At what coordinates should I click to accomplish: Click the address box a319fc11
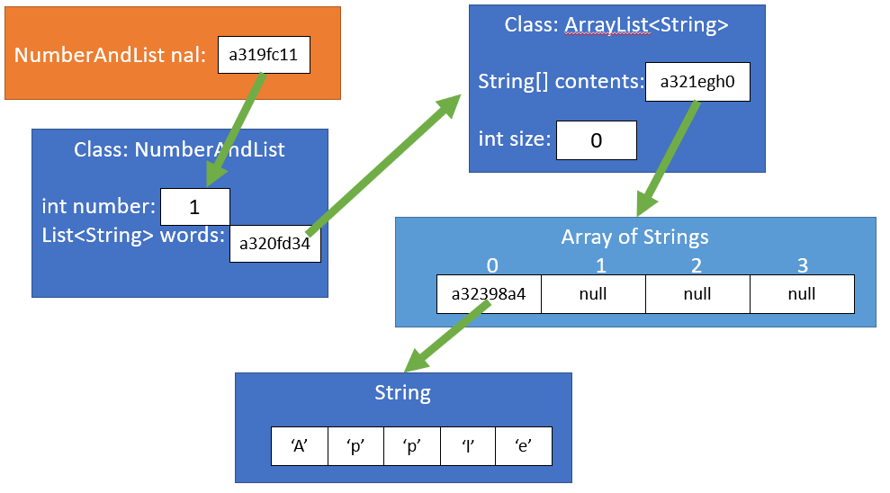(265, 56)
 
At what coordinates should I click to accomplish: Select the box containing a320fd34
(275, 243)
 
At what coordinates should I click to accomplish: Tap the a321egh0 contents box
(697, 82)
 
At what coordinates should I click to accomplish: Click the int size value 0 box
(596, 140)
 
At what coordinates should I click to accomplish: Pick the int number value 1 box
(194, 207)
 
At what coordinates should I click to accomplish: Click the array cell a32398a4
(489, 294)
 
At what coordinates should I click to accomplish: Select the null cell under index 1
(593, 294)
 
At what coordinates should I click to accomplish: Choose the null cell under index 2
(697, 294)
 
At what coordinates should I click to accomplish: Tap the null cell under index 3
(801, 294)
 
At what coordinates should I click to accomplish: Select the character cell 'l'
(467, 445)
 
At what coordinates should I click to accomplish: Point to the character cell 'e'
(523, 445)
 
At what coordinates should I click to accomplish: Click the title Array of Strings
(634, 238)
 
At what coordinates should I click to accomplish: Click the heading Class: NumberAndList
(179, 149)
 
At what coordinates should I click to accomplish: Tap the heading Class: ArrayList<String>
(616, 25)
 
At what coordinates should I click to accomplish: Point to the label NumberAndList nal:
(111, 56)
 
